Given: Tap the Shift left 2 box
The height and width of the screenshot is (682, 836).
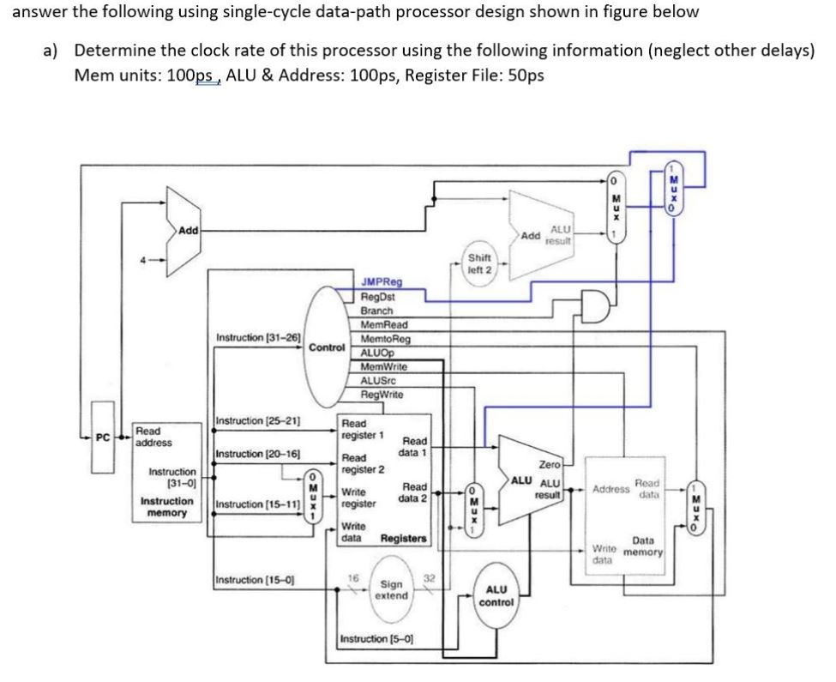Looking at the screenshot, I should click(480, 263).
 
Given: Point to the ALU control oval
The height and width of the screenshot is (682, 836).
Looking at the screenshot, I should click(499, 595).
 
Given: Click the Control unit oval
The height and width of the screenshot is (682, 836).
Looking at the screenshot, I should click(326, 348).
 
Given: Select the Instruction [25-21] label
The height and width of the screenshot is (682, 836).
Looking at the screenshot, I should click(257, 420).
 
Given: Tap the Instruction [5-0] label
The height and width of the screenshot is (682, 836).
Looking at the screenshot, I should click(377, 639).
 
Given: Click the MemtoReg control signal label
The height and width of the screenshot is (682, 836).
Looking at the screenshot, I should click(385, 339).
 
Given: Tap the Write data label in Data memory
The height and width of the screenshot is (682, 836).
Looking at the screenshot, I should click(604, 553).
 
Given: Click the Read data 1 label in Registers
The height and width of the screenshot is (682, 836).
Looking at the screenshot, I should click(415, 446).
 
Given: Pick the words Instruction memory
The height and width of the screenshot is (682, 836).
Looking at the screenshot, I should click(166, 506).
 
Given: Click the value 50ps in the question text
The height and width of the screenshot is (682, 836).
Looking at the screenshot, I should click(526, 75).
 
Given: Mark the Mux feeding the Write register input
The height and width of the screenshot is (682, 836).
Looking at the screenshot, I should click(315, 498).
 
